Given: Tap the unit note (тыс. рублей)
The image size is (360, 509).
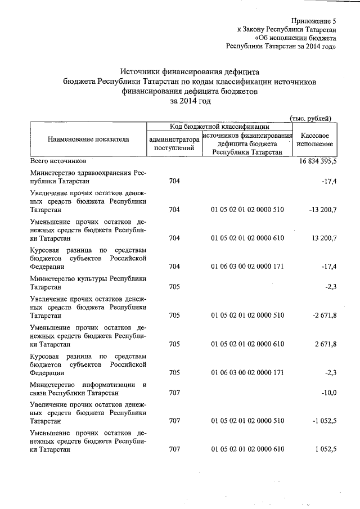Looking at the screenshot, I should [x=310, y=118].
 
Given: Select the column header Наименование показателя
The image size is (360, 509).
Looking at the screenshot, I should [x=88, y=139].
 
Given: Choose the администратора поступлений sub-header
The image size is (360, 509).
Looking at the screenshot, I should [x=174, y=143].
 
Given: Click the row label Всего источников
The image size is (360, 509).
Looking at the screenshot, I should [x=58, y=161].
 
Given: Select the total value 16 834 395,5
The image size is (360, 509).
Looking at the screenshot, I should [x=314, y=161].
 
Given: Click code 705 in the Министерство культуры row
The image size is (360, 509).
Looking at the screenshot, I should [x=174, y=287].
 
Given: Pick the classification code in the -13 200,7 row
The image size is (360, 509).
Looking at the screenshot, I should [x=247, y=209].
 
